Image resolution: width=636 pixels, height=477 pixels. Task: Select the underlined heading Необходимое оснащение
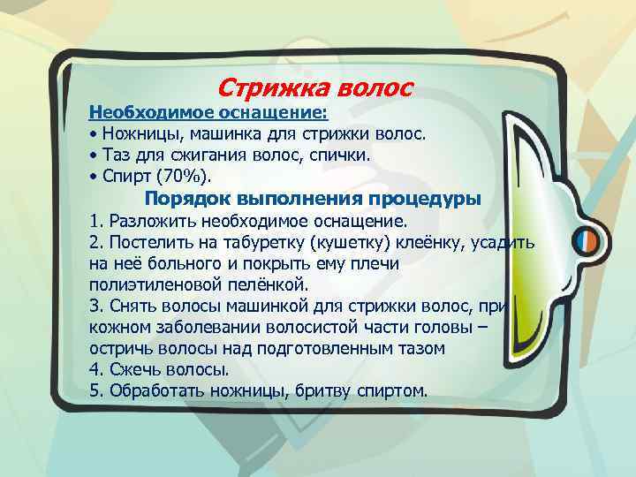208,114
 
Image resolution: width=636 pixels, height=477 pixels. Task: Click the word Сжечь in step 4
132,369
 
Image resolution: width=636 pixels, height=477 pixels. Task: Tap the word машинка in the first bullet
215,135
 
